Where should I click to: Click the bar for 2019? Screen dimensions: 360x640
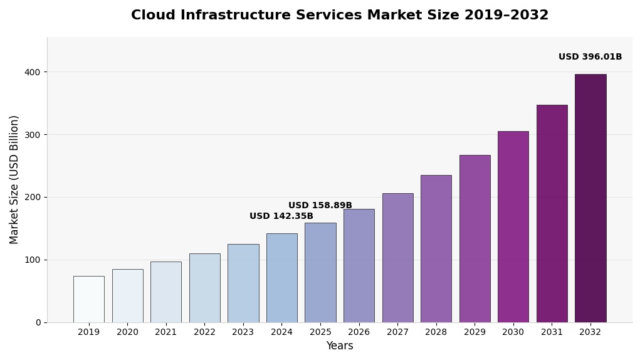click(x=88, y=299)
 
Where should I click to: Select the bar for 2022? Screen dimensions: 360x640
click(x=204, y=288)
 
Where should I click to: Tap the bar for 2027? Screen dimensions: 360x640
click(x=397, y=258)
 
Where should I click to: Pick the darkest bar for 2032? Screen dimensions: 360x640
click(x=590, y=198)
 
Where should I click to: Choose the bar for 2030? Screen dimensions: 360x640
click(x=513, y=226)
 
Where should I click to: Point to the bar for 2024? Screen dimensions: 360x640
click(x=281, y=278)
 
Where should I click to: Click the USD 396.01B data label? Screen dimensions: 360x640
click(x=590, y=57)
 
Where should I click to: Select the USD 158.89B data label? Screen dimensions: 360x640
click(x=320, y=206)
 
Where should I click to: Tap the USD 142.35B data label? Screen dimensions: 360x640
click(x=281, y=216)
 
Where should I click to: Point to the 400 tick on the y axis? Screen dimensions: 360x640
click(x=33, y=72)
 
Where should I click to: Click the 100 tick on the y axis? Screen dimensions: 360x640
click(x=33, y=260)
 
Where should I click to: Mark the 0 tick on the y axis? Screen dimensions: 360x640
click(x=38, y=322)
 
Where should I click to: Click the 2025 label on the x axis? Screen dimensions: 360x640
click(x=320, y=332)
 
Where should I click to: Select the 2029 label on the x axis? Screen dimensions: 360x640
click(x=475, y=332)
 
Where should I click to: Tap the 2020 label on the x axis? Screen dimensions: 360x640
click(x=127, y=332)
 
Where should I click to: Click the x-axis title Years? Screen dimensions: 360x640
click(x=339, y=346)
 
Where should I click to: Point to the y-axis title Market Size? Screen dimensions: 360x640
click(x=14, y=179)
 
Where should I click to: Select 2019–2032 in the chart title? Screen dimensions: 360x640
click(x=506, y=16)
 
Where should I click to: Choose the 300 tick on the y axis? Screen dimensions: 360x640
click(x=33, y=135)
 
